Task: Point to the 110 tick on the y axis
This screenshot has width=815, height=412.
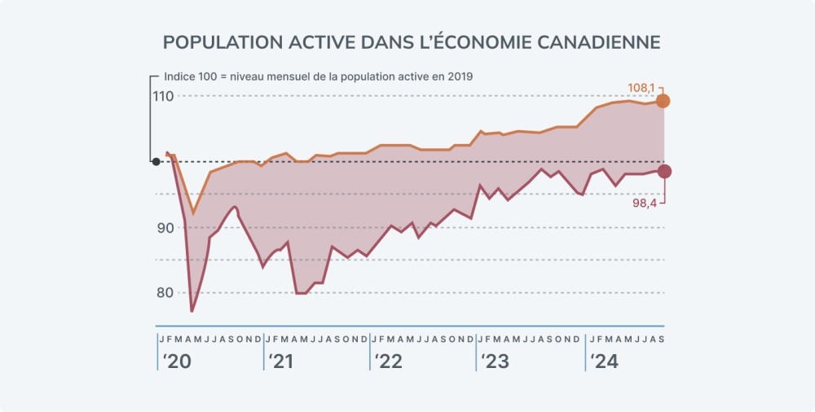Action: coord(163,96)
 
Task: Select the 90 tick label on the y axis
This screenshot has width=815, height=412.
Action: coord(165,227)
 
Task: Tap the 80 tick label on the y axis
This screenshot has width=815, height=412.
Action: coord(165,293)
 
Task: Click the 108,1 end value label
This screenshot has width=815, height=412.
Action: coord(641,87)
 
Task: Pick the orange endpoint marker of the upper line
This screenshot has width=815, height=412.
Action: coord(663,101)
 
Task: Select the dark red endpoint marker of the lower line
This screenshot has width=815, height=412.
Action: coord(664,171)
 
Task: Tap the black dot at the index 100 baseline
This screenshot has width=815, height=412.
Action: coord(156,161)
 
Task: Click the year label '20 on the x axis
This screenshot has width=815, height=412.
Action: coord(177,362)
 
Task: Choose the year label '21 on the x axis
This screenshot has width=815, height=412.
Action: coord(282,362)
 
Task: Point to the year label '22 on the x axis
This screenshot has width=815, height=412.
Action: coord(389,362)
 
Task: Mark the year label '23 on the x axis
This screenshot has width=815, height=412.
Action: coord(495,362)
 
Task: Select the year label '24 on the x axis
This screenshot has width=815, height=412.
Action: coord(604,362)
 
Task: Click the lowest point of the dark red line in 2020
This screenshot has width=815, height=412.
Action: coord(192,311)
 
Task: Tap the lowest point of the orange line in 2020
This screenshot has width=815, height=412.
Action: coord(193,213)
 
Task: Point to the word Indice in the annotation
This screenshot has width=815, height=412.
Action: coord(179,76)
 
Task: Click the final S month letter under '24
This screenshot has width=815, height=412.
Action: coord(660,339)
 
